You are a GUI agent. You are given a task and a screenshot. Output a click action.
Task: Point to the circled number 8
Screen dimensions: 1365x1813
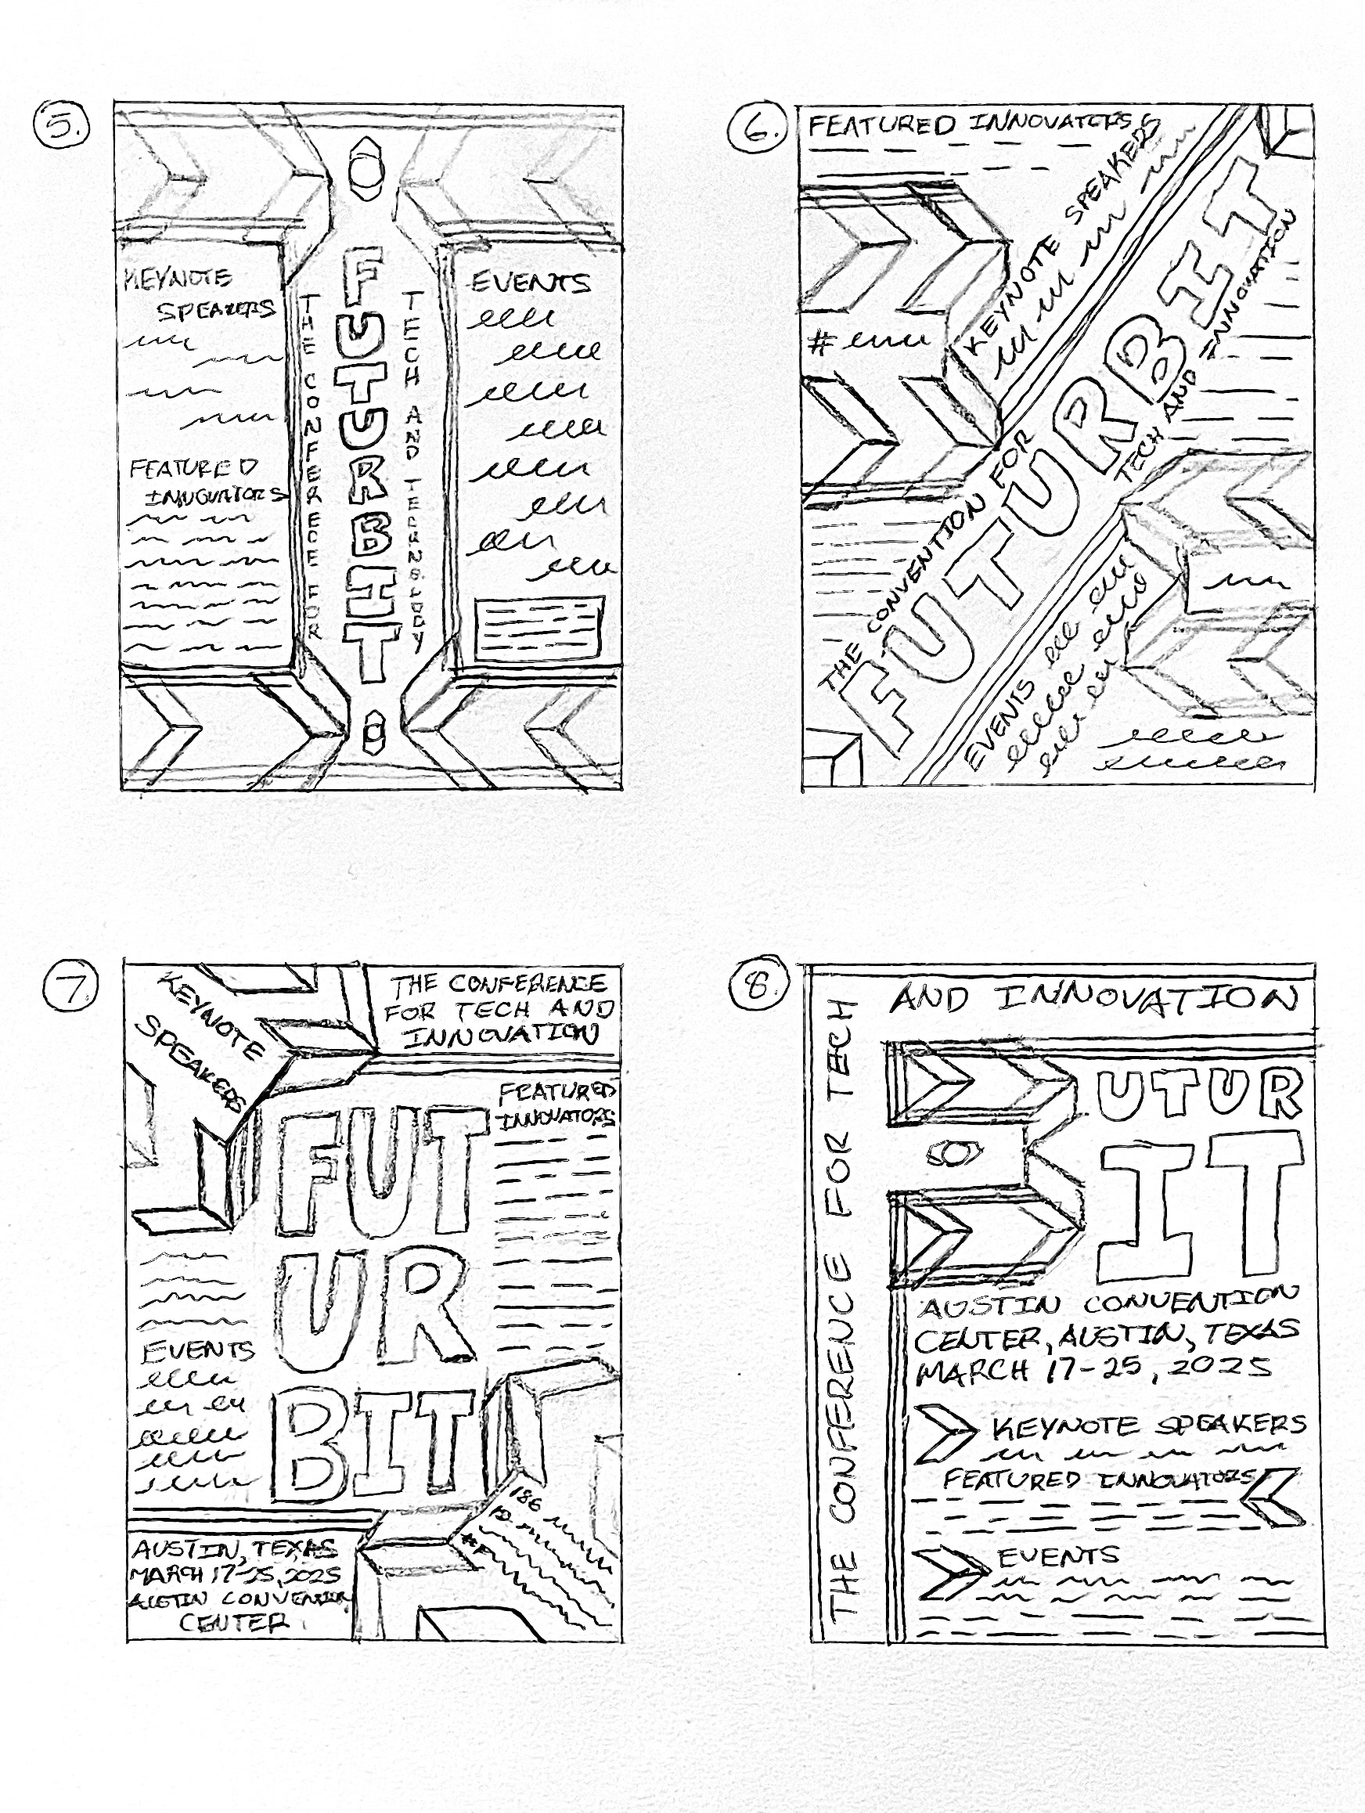[x=756, y=987]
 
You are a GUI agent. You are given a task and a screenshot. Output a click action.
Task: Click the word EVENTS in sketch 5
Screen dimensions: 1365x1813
[x=530, y=283]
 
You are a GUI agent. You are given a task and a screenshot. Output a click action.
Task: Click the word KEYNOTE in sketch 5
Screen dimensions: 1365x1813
[x=178, y=278]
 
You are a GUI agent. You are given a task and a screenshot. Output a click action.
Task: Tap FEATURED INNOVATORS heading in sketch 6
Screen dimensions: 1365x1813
[x=979, y=124]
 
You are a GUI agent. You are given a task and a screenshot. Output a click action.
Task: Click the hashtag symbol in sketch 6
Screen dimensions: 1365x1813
[x=817, y=344]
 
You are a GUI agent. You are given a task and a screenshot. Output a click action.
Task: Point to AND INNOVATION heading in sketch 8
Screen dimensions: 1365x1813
[x=1094, y=999]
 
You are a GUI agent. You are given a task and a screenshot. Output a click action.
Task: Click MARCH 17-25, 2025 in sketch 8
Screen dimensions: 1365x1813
[x=1094, y=1367]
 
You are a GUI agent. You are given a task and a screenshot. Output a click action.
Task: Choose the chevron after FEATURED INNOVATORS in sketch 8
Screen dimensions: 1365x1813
[x=1271, y=1496]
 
